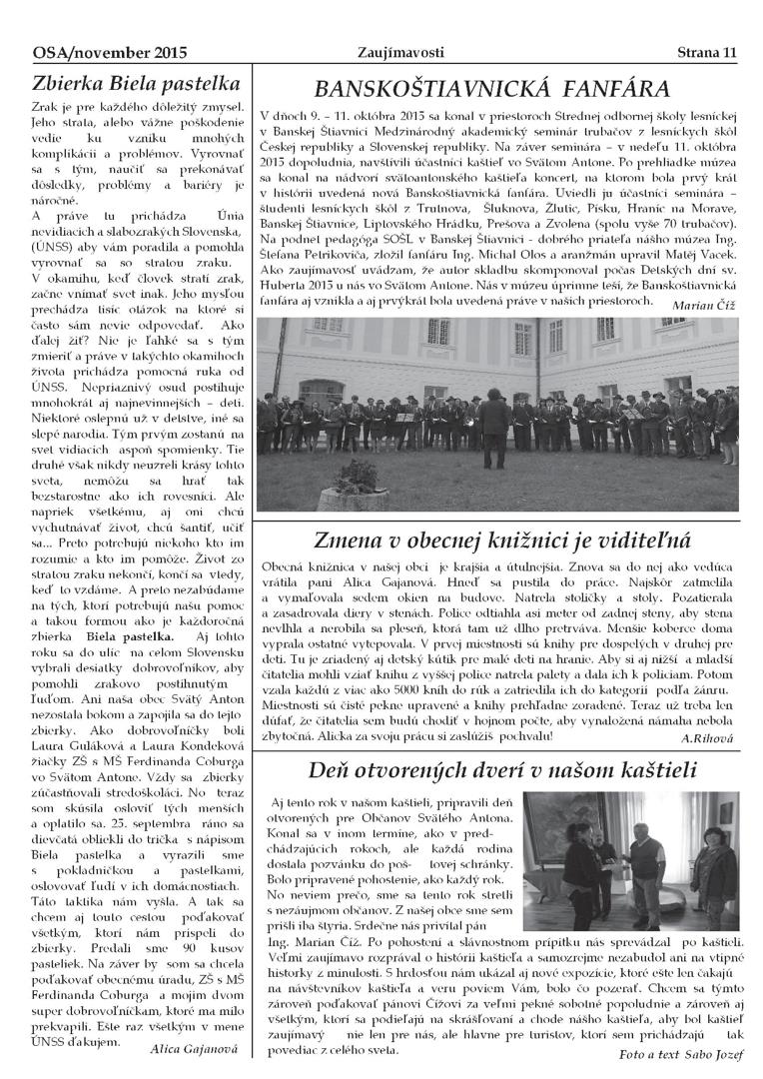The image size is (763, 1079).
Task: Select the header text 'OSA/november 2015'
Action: click(x=97, y=52)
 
